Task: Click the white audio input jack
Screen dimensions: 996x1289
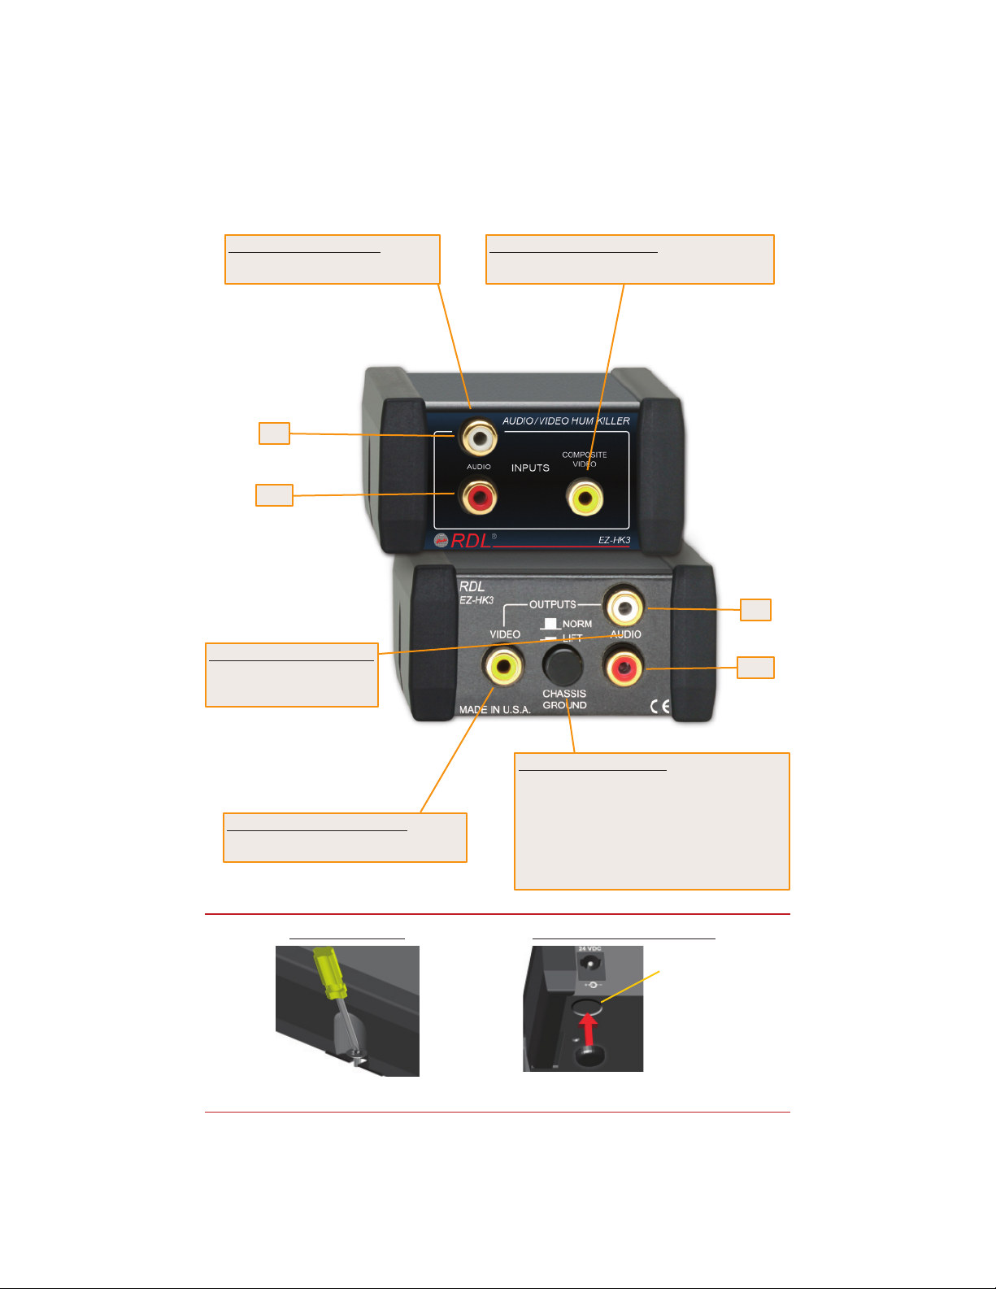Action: tap(479, 438)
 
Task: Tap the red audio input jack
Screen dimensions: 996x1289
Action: tap(478, 496)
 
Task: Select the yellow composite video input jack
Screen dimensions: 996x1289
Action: tap(585, 497)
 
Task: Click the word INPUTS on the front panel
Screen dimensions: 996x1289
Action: tap(530, 468)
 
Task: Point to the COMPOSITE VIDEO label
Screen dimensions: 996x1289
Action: tap(584, 459)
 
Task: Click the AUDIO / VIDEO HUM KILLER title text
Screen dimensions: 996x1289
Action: tap(566, 420)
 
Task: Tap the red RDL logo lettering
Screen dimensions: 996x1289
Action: tap(472, 541)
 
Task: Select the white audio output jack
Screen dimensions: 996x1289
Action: tap(624, 607)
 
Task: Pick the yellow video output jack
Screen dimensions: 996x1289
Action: tap(502, 667)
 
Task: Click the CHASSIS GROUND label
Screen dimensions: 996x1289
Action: tap(564, 699)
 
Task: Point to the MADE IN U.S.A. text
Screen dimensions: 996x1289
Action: tap(494, 710)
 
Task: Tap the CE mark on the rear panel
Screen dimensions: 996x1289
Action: tap(660, 706)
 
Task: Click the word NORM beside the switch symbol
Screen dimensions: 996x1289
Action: tap(577, 624)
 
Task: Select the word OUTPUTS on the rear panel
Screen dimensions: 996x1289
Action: tap(553, 604)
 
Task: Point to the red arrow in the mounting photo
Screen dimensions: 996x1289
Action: tap(589, 1028)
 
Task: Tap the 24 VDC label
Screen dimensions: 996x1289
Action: tap(589, 949)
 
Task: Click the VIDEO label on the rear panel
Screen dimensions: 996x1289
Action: tap(505, 634)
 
